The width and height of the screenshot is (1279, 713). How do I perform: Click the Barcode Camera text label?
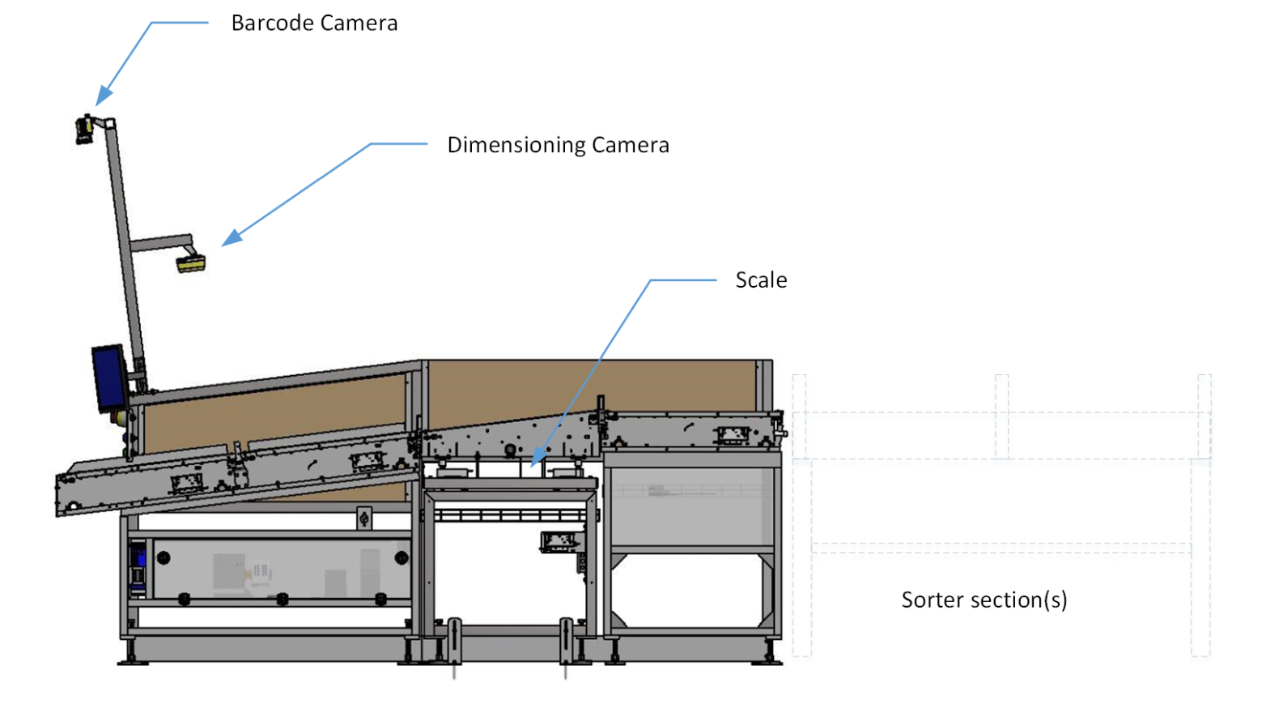[x=314, y=23]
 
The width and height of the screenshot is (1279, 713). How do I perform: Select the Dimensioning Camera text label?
[x=558, y=145]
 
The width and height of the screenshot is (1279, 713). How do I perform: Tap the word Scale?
[x=760, y=280]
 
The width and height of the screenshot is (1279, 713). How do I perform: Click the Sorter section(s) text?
[x=984, y=600]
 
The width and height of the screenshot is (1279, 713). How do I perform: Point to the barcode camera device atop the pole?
[x=85, y=130]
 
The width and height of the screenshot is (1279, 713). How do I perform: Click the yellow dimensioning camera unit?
[x=192, y=263]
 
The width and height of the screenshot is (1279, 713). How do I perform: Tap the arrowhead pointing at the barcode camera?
[x=103, y=96]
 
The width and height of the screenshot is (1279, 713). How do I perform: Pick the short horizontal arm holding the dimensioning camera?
[x=160, y=242]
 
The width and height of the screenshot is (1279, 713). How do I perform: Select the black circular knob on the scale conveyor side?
[x=511, y=449]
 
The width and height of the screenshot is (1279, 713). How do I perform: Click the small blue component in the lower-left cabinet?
[x=140, y=558]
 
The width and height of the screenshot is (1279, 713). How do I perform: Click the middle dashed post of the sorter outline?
[x=1001, y=415]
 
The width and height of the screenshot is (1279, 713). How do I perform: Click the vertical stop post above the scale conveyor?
[x=601, y=413]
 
